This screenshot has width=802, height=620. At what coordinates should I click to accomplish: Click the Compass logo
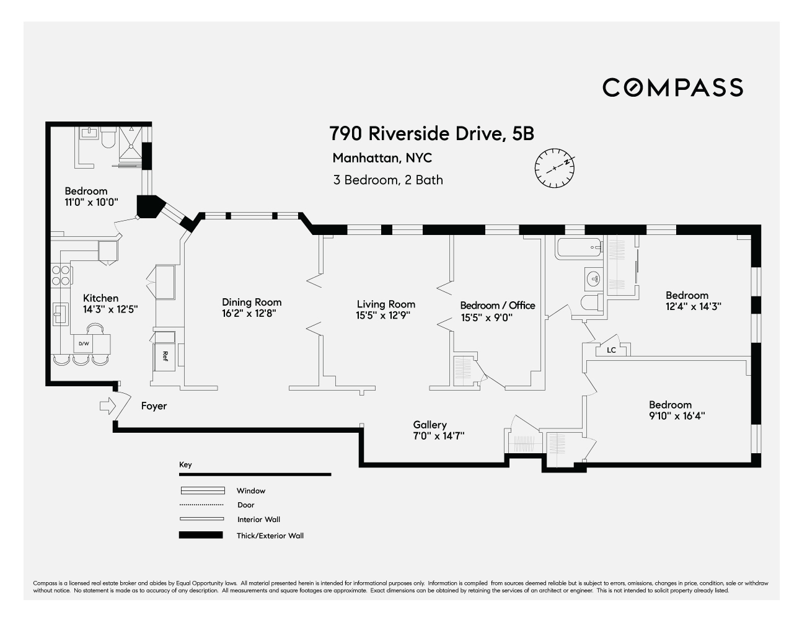pos(672,87)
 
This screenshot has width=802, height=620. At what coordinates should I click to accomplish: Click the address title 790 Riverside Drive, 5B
pos(431,133)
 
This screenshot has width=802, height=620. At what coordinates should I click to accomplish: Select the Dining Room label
pos(252,302)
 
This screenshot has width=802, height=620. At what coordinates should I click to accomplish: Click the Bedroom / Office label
pos(497,305)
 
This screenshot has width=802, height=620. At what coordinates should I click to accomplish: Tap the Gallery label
pos(430,425)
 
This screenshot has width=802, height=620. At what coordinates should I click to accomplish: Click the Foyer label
pos(154,406)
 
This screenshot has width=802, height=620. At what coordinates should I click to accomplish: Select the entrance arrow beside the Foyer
pos(107,406)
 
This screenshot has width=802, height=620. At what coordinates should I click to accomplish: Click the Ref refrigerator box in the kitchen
pos(165,356)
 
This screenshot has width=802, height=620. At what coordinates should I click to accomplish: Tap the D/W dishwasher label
pos(84,343)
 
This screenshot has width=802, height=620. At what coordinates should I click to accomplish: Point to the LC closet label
pos(611,350)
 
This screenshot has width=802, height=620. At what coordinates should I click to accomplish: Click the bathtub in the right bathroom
pos(579,249)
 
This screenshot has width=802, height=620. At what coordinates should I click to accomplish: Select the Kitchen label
pos(100,298)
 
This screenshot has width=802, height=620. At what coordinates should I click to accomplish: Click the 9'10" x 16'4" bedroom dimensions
pos(677,416)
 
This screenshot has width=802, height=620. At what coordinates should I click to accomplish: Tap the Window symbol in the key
pos(202,490)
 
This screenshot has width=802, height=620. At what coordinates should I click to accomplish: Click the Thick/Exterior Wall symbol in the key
pos(201,535)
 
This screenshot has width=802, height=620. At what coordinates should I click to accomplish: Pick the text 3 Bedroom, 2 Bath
pos(388,180)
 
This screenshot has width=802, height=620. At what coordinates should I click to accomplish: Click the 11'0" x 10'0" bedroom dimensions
pos(91,202)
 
